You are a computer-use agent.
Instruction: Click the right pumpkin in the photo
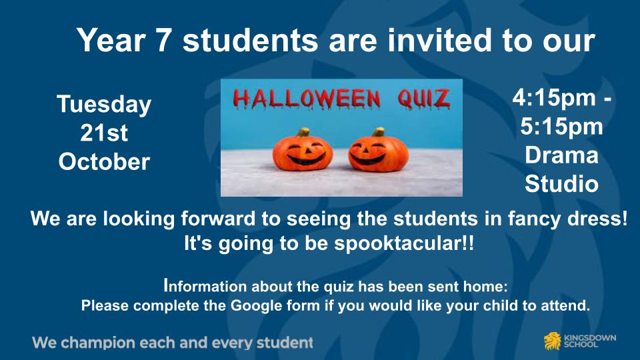click(x=377, y=153)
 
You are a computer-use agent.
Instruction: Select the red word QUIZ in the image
click(x=425, y=99)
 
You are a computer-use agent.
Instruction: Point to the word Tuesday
click(x=104, y=105)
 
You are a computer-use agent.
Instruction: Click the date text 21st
click(x=104, y=133)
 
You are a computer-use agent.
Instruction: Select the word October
click(x=104, y=162)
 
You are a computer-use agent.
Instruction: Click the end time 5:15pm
click(x=561, y=127)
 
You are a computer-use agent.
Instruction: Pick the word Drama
click(x=561, y=155)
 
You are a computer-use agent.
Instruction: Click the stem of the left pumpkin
click(x=303, y=132)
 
